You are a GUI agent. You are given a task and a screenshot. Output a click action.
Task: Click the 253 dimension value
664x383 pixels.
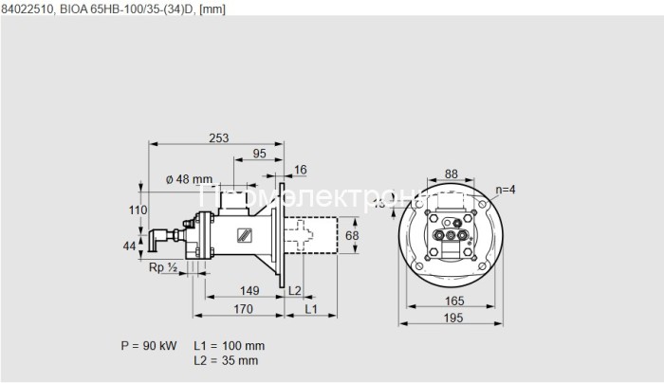click(219, 138)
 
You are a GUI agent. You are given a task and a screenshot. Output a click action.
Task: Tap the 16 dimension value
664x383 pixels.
click(301, 169)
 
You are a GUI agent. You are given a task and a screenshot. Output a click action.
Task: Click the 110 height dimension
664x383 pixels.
click(138, 210)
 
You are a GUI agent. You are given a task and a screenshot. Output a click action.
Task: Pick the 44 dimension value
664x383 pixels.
click(131, 246)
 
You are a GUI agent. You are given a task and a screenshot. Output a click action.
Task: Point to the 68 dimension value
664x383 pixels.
click(351, 234)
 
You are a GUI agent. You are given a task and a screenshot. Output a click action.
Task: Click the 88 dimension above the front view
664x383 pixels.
click(450, 173)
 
